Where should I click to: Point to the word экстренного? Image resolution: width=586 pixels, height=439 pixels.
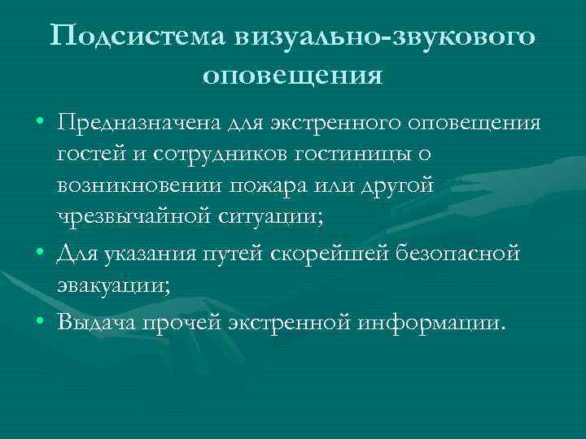pos(339,123)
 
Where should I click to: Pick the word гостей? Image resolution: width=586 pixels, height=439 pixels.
pos(85,154)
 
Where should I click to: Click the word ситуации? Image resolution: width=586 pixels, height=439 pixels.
pos(269,215)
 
